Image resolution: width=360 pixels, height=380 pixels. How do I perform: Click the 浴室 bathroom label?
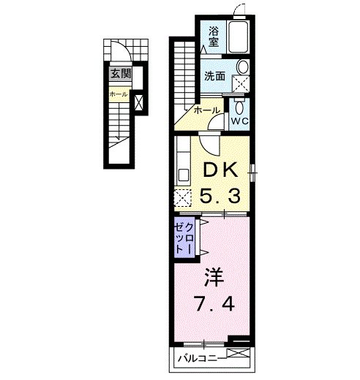[214, 37]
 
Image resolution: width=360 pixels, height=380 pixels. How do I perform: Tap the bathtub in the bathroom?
[239, 37]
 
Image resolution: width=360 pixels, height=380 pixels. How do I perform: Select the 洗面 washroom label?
[214, 76]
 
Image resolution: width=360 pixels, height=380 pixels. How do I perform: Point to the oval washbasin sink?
[243, 66]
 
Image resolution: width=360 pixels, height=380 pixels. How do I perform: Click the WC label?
[240, 121]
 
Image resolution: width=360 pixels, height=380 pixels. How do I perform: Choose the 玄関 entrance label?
[121, 73]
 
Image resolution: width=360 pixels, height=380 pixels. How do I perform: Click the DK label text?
[220, 170]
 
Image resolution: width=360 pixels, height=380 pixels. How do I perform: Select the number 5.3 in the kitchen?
[220, 195]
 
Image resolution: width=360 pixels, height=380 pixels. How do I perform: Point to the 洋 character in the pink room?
[214, 278]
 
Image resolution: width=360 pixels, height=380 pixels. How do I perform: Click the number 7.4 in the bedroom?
[214, 303]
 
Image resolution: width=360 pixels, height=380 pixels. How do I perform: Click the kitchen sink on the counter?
[183, 175]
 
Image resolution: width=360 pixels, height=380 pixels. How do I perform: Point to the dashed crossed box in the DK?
[183, 198]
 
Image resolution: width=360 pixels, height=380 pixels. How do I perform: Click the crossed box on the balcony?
[238, 354]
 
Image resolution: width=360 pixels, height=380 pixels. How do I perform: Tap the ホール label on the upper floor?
[207, 110]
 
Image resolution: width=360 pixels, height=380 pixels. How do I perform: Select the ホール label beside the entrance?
[119, 94]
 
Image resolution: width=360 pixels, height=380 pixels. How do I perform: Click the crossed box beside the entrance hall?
[139, 102]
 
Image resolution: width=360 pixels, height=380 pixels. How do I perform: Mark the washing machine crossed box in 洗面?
[240, 84]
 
